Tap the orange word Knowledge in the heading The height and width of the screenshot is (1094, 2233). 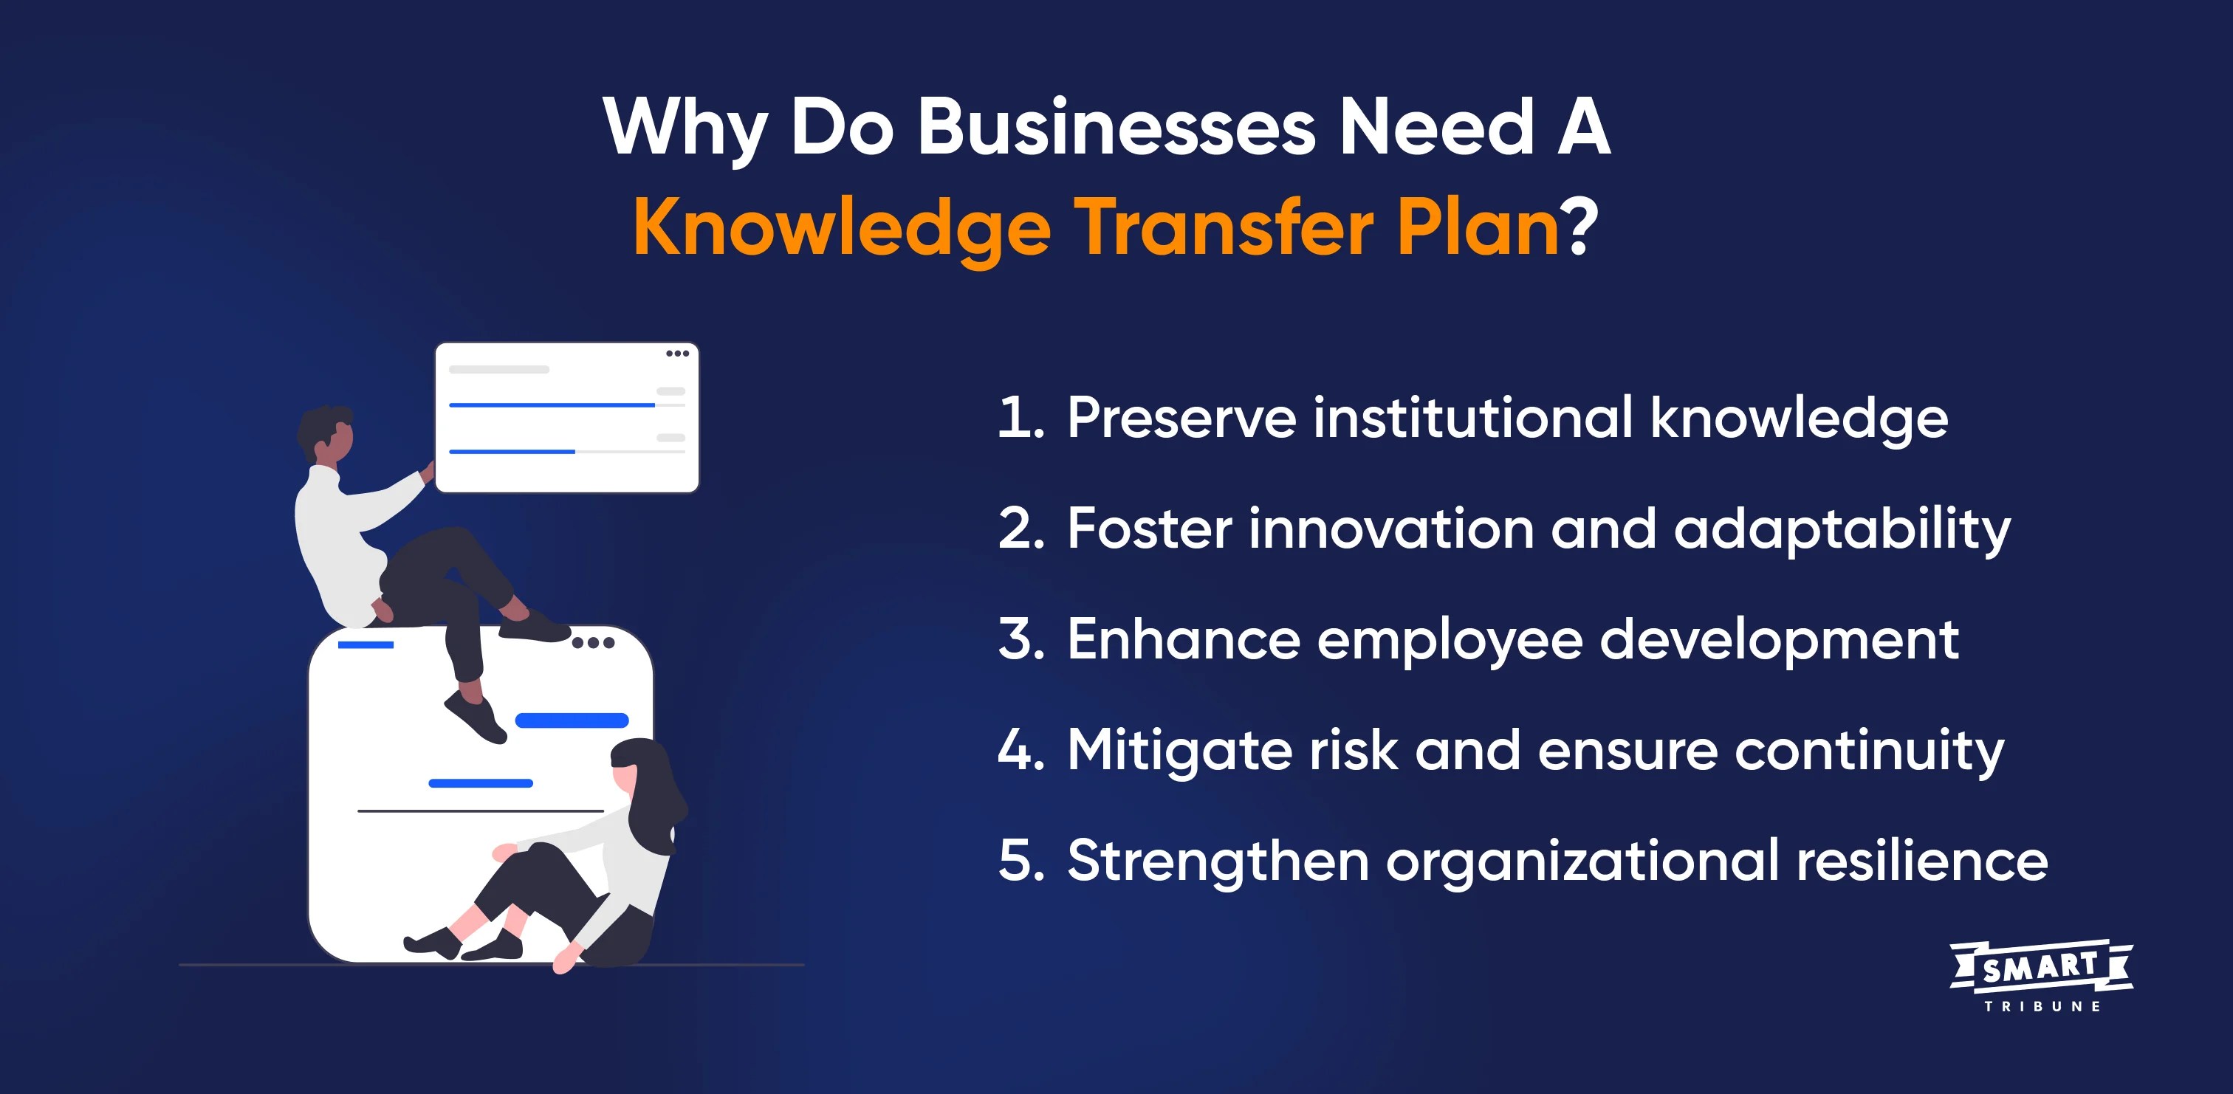click(842, 228)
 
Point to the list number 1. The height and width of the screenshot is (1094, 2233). click(1018, 418)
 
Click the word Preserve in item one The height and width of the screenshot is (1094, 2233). click(1181, 418)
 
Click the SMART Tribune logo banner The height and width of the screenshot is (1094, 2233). click(2040, 966)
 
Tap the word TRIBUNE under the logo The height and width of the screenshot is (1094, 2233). click(2042, 1006)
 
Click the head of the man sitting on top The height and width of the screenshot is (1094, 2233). click(328, 433)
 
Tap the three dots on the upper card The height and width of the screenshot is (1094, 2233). click(677, 354)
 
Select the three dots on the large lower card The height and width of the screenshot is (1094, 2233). click(593, 643)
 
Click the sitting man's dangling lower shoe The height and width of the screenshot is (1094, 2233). click(476, 717)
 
